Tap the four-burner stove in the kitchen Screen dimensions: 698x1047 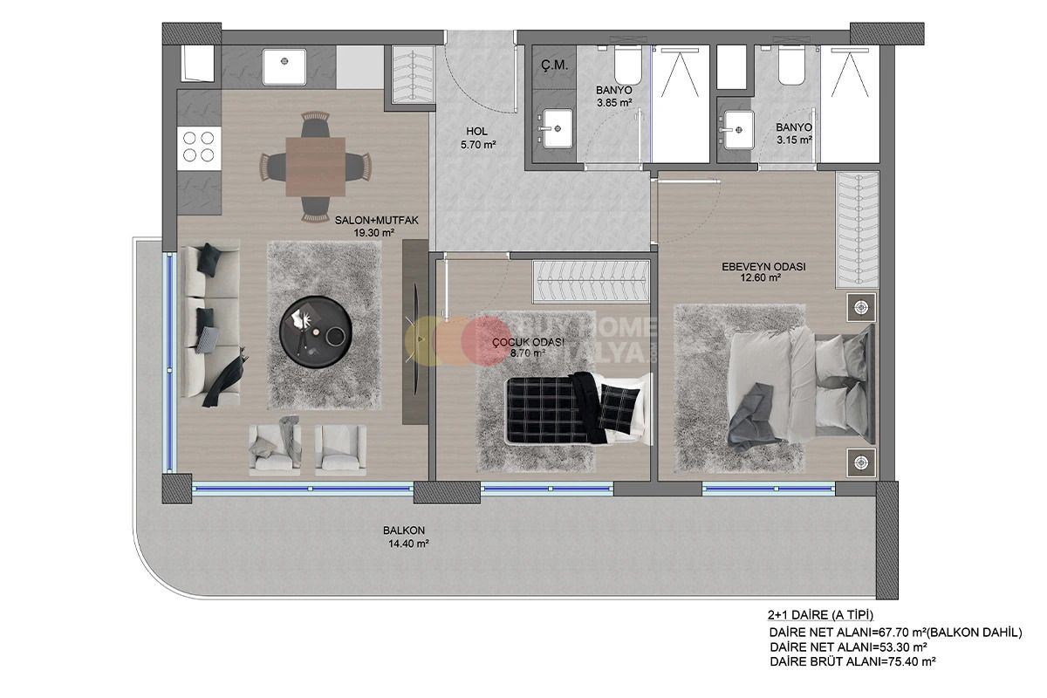coord(196,147)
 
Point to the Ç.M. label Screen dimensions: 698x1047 coord(554,65)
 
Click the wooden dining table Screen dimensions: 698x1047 coord(315,166)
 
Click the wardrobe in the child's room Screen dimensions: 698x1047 coord(591,281)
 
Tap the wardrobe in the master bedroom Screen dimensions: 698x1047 coord(856,229)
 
